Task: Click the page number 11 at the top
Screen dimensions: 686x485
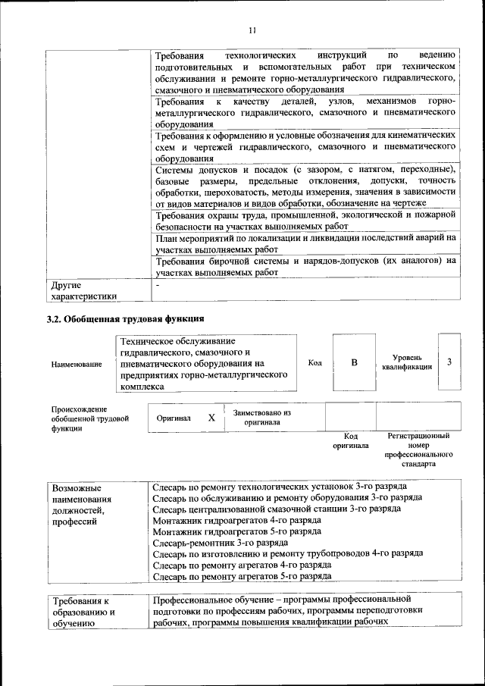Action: (x=252, y=30)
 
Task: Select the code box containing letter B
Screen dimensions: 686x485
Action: (x=354, y=362)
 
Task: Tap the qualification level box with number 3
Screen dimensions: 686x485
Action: (x=449, y=362)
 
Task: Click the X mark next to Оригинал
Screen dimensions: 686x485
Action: (x=211, y=418)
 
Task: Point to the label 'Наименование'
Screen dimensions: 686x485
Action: (x=77, y=365)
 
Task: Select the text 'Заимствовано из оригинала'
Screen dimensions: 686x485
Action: (x=262, y=418)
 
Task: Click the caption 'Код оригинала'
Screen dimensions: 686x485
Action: (x=350, y=441)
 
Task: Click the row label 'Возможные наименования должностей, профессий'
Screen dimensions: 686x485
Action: (x=83, y=505)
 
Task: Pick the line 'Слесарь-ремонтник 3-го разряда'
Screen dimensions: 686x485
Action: (x=220, y=543)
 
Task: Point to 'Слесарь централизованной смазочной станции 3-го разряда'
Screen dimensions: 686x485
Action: (x=277, y=509)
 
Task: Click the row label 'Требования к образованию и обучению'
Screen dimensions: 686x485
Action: (x=83, y=612)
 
